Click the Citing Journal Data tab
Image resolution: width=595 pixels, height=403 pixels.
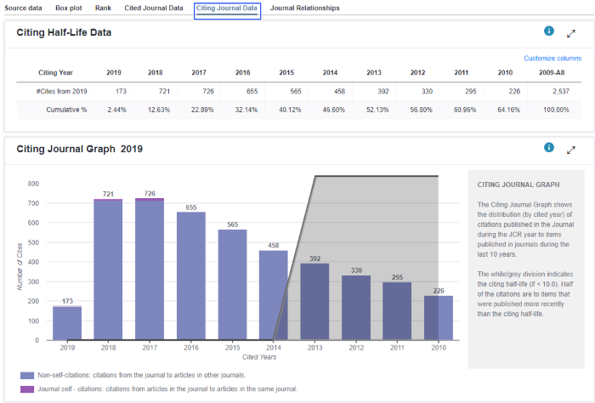click(227, 8)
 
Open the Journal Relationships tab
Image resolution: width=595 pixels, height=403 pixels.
click(304, 8)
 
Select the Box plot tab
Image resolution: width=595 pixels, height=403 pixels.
click(69, 8)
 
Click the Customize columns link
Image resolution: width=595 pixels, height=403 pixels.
click(552, 58)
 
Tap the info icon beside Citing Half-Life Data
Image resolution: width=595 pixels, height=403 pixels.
click(549, 31)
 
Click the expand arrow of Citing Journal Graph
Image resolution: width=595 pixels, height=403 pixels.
click(571, 150)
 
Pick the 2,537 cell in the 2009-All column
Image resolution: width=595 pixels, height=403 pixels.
click(561, 91)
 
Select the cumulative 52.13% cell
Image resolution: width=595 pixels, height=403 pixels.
click(377, 110)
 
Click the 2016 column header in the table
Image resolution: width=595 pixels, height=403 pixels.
click(243, 72)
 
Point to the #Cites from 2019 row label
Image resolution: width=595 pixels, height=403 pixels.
click(61, 91)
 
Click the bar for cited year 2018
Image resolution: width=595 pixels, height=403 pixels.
click(108, 269)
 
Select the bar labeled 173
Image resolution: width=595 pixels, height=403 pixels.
click(67, 322)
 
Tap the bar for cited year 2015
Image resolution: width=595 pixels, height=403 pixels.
click(232, 285)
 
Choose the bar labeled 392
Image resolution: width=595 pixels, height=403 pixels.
click(314, 301)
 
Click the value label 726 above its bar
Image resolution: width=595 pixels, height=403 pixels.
click(150, 194)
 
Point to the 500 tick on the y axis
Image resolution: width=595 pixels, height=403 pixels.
click(33, 242)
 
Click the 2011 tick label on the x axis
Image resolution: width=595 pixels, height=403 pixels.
click(397, 347)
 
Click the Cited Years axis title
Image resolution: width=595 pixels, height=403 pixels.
click(259, 357)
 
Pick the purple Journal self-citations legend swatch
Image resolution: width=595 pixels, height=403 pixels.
click(27, 389)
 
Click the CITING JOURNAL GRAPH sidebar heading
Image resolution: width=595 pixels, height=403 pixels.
click(518, 184)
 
